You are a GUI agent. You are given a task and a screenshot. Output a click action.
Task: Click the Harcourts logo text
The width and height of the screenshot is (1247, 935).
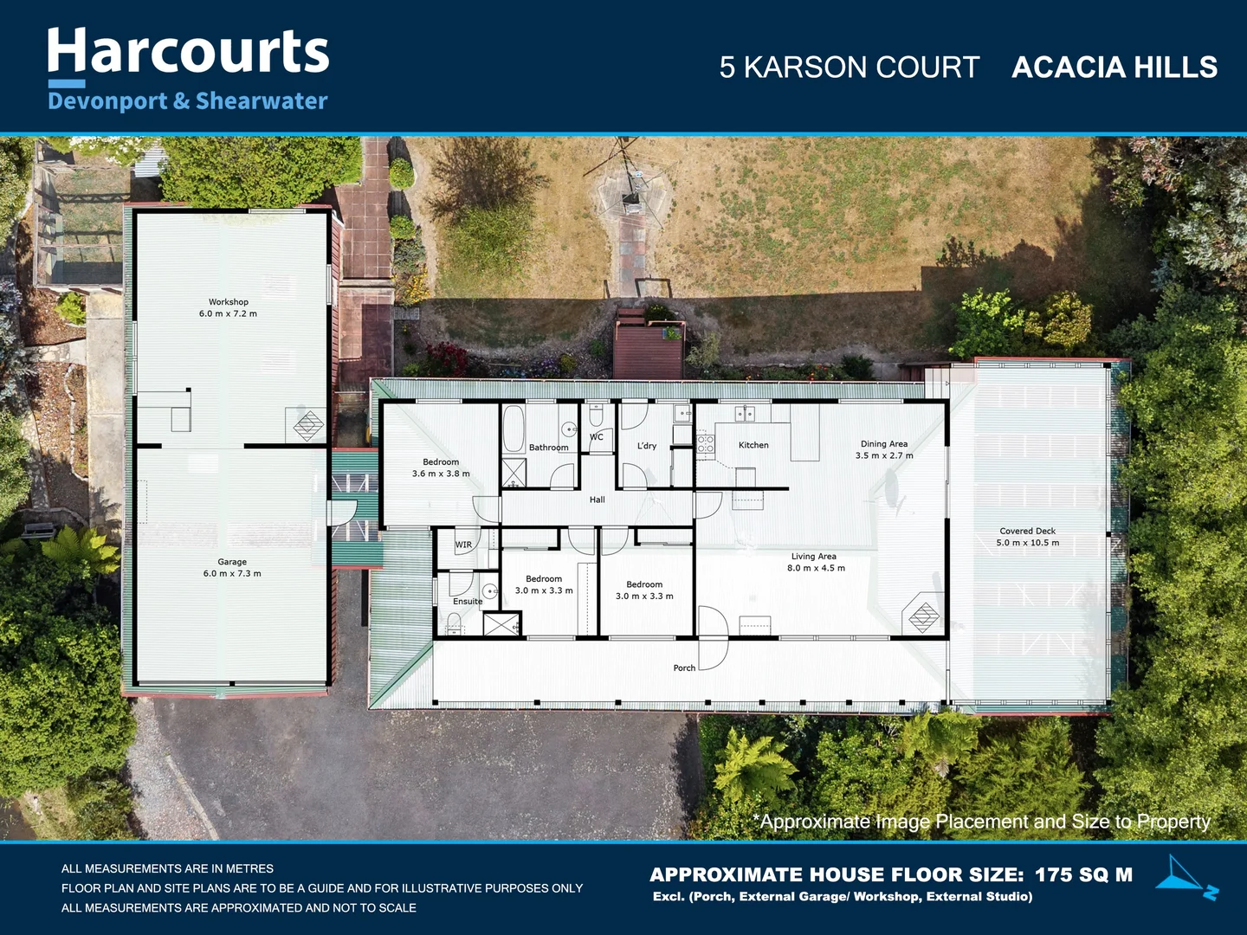(x=188, y=52)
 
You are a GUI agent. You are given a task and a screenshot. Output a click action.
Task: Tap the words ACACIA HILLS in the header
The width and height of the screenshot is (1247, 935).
(x=1114, y=68)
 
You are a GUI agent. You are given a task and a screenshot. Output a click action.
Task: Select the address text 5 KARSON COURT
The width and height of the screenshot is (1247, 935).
(x=849, y=68)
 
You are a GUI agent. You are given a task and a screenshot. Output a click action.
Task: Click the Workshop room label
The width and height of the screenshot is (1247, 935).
(x=228, y=302)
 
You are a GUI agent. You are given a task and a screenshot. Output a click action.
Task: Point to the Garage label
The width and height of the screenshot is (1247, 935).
(x=232, y=562)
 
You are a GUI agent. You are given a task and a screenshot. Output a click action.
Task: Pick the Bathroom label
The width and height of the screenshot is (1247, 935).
(x=548, y=448)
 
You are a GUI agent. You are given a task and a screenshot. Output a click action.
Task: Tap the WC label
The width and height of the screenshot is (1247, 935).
(x=597, y=437)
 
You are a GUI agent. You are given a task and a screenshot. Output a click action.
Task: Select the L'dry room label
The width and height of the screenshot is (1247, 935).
(x=647, y=446)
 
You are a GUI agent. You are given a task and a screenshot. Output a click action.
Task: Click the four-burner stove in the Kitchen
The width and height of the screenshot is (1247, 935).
(x=706, y=445)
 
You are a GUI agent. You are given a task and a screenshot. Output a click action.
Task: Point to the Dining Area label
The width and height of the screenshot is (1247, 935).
(x=884, y=444)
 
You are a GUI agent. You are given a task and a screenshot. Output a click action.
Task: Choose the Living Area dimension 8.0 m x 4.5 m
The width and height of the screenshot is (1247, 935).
(x=816, y=568)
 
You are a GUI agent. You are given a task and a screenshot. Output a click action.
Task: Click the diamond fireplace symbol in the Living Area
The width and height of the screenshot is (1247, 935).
(x=923, y=616)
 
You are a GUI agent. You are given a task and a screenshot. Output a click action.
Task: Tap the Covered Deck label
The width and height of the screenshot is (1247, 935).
(x=1027, y=531)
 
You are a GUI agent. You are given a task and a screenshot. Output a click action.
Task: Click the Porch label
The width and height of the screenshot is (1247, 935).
(x=684, y=667)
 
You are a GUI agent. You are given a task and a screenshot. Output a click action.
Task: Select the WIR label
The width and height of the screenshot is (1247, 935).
(x=464, y=545)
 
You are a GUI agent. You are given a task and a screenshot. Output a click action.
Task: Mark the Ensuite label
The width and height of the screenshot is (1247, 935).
(x=468, y=601)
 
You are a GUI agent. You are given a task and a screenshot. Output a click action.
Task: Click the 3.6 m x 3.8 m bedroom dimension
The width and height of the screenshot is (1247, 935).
(x=441, y=474)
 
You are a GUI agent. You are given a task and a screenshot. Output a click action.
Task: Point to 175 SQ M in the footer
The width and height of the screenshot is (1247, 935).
(x=1083, y=874)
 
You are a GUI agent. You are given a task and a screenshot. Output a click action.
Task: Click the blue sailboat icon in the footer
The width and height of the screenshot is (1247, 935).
(x=1186, y=876)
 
